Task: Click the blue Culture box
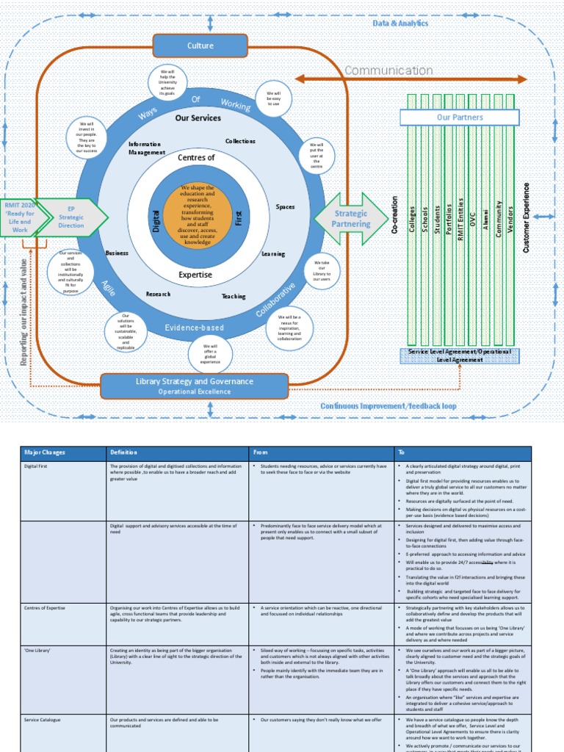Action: pos(200,46)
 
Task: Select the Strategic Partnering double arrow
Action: pos(351,218)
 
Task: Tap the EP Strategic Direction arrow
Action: pos(71,218)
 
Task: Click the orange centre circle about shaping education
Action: pos(197,214)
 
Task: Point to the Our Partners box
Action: pos(460,117)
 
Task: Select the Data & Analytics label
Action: pos(399,23)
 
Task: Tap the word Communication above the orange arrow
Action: pos(388,70)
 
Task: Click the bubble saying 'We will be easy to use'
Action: pos(273,98)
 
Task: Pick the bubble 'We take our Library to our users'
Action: pos(322,271)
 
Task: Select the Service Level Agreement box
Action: pos(460,355)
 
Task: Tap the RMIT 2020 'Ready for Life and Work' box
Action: pos(21,217)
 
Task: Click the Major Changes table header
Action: pos(45,452)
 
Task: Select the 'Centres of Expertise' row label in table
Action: pos(45,608)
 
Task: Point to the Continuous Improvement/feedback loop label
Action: pos(388,405)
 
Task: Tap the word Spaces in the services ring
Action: pos(285,207)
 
